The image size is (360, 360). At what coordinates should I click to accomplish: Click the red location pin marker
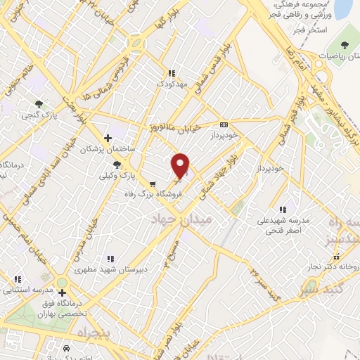[x=181, y=166]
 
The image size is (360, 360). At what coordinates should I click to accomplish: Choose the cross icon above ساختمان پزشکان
[x=108, y=139]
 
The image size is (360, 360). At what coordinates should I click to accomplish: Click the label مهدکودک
[x=172, y=83]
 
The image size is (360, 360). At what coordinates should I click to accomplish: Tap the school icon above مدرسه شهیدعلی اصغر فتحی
[x=282, y=209]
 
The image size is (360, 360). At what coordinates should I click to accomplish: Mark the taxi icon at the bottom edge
[x=65, y=348]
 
